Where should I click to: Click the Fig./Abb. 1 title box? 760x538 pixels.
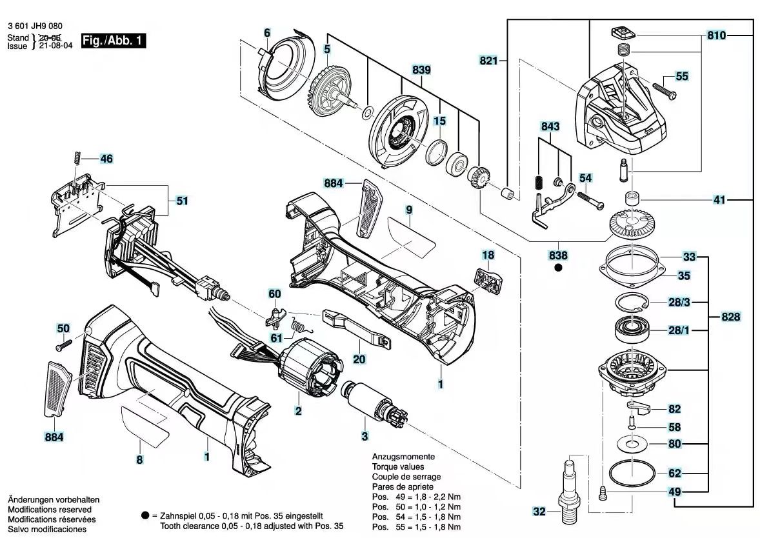pyautogui.click(x=113, y=40)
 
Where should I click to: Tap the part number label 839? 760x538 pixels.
pyautogui.click(x=421, y=70)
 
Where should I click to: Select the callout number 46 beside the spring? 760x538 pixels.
pyautogui.click(x=106, y=159)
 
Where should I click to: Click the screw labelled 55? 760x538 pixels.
pyautogui.click(x=665, y=91)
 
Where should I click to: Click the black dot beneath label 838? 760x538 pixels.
pyautogui.click(x=558, y=267)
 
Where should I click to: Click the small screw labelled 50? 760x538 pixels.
pyautogui.click(x=63, y=345)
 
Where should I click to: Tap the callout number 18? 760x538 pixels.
pyautogui.click(x=488, y=255)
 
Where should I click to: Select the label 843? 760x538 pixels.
pyautogui.click(x=550, y=126)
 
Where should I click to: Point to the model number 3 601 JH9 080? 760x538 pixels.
pyautogui.click(x=35, y=26)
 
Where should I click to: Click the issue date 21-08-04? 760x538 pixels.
pyautogui.click(x=55, y=46)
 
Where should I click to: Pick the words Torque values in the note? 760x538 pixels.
pyautogui.click(x=398, y=467)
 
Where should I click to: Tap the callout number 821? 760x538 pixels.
pyautogui.click(x=488, y=61)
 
